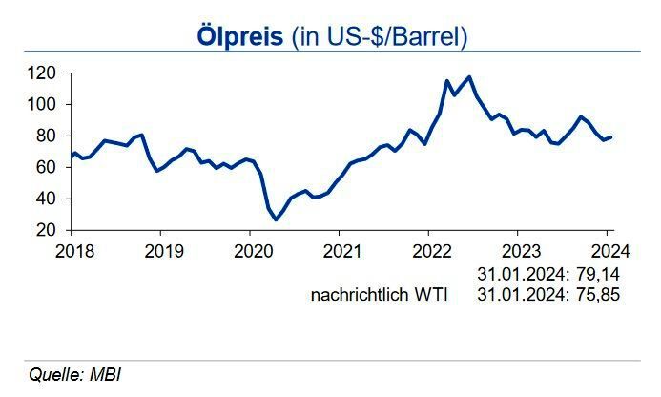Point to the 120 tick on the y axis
coord(41,73)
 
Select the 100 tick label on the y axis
coord(41,104)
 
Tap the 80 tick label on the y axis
coord(46,136)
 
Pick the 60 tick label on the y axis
coord(46,167)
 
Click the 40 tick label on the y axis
coord(46,198)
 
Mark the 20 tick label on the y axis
coord(46,230)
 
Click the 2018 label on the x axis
coord(71,252)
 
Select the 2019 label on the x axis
coord(159,252)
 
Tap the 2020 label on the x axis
coord(249,252)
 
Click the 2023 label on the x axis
coord(517,252)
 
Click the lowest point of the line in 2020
coord(277,219)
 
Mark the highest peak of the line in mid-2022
coord(468,76)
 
